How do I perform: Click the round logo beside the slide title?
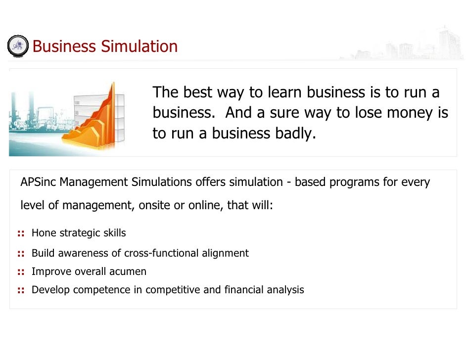tap(18, 45)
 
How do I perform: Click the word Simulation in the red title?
tap(139, 46)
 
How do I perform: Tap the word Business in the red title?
tap(64, 46)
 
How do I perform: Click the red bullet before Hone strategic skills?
tap(21, 233)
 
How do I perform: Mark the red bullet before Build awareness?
tap(21, 254)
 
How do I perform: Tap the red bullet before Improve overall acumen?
tap(21, 271)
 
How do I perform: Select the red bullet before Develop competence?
tap(21, 290)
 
